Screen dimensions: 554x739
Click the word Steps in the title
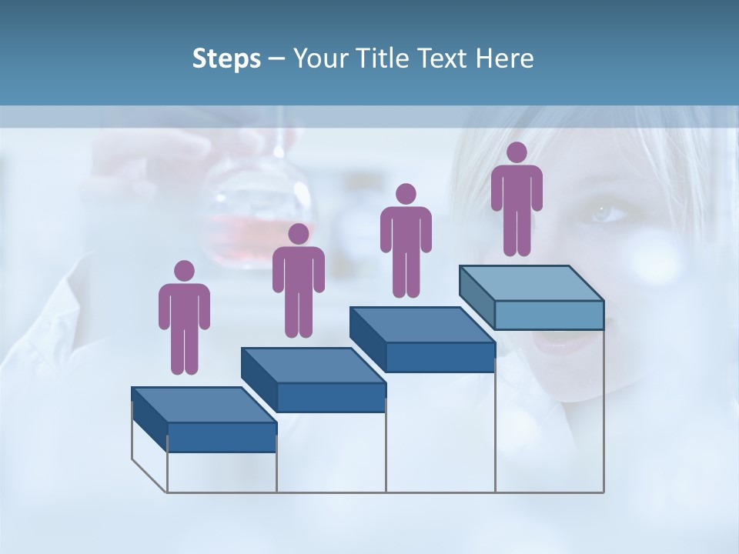226,59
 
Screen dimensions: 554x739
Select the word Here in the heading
505,58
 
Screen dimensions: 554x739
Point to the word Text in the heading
442,58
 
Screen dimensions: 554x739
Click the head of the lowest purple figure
184,271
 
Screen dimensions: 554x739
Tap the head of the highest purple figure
517,152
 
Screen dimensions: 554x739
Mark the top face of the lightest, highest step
532,282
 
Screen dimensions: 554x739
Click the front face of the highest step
549,315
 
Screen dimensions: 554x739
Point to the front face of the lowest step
222,437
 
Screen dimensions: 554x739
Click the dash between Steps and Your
277,59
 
